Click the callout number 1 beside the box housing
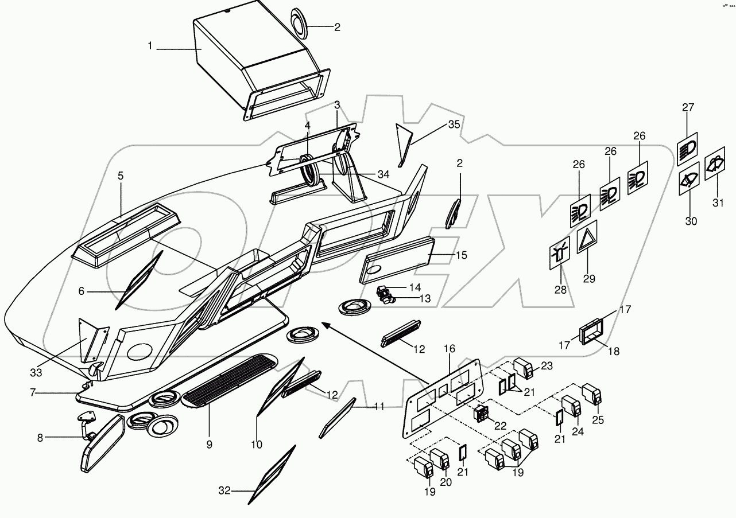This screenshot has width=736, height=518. pos(150,46)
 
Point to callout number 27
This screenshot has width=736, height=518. pos(688,107)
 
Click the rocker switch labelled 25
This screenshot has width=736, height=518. pos(592,395)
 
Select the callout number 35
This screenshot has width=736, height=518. pos(454,124)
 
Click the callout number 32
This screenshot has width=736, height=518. pos(224,490)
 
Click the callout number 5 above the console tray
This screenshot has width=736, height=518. pos(121,176)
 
